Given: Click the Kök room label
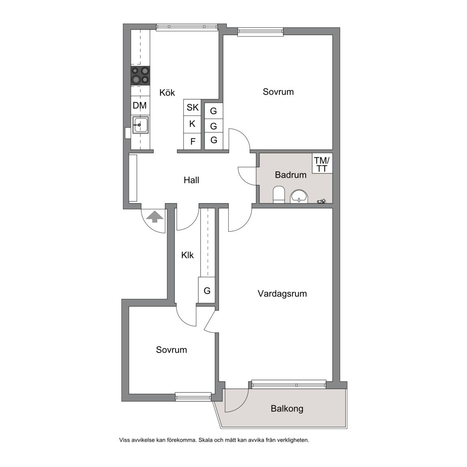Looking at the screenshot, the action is pyautogui.click(x=167, y=92).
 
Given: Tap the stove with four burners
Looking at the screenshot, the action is pyautogui.click(x=140, y=75).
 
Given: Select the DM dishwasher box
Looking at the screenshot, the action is pyautogui.click(x=140, y=105).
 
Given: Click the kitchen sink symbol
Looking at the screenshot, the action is pyautogui.click(x=140, y=125).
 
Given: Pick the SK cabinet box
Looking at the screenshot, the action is pyautogui.click(x=193, y=107).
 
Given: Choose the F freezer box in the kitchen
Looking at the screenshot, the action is pyautogui.click(x=193, y=141).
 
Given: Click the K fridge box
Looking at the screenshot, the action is pyautogui.click(x=193, y=124).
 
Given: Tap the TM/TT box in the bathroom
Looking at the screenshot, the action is pyautogui.click(x=322, y=163).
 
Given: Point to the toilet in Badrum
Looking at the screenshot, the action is pyautogui.click(x=279, y=195).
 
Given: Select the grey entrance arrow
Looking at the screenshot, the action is pyautogui.click(x=154, y=216).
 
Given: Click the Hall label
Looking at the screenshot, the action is pyautogui.click(x=191, y=180).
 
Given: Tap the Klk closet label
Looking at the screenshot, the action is pyautogui.click(x=187, y=255).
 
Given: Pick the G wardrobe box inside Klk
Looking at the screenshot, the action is pyautogui.click(x=207, y=290).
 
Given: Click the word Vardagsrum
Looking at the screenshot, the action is pyautogui.click(x=282, y=294).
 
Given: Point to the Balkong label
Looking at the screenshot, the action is pyautogui.click(x=287, y=409).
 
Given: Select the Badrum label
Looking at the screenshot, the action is pyautogui.click(x=291, y=175).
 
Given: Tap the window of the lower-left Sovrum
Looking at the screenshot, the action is pyautogui.click(x=193, y=396).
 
